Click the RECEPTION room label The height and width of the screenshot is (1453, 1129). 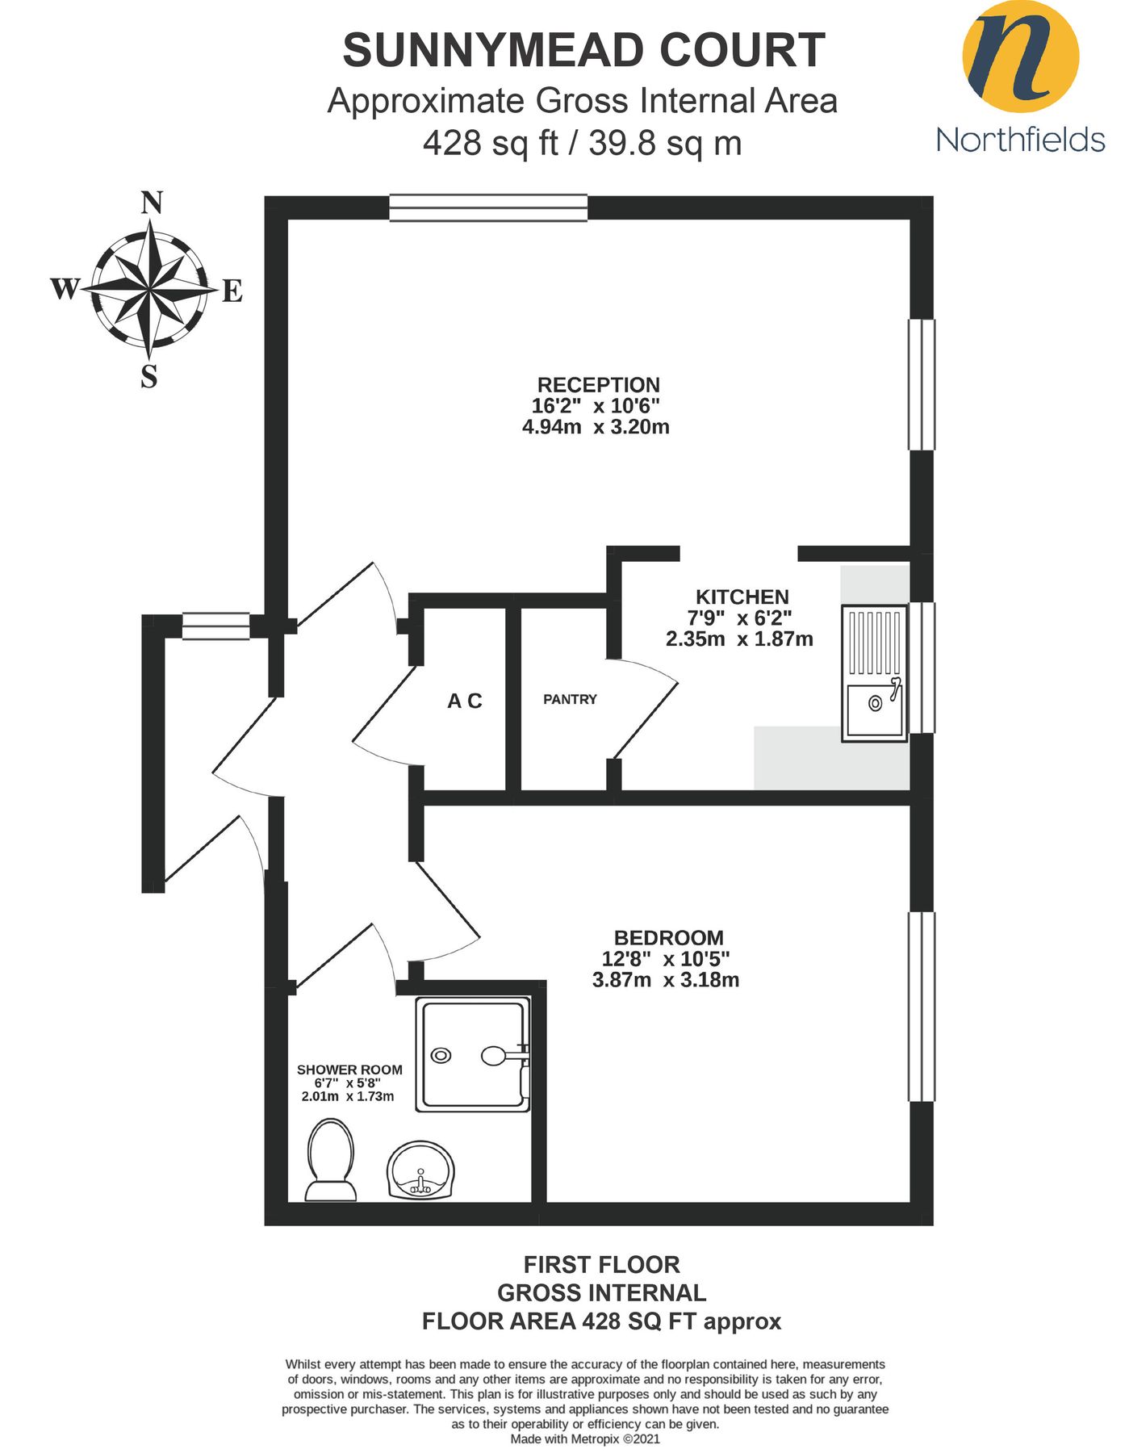[598, 385]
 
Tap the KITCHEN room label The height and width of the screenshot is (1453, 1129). [742, 597]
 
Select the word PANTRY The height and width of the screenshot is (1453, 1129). [570, 700]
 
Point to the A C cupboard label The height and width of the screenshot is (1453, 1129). [465, 701]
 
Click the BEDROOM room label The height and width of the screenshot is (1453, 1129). [668, 938]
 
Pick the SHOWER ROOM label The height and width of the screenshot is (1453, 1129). [349, 1070]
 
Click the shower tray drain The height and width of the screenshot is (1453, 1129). [441, 1055]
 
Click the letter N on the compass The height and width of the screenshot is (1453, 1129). [151, 203]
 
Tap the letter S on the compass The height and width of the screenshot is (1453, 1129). [149, 377]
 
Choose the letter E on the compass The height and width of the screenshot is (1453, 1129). [232, 291]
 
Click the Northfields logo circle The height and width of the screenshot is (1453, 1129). [1020, 57]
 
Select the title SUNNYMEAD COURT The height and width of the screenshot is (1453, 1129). [583, 51]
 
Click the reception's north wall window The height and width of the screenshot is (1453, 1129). [488, 207]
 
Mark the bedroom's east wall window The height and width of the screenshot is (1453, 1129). [922, 1006]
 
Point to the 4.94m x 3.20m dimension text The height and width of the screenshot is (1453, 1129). [596, 427]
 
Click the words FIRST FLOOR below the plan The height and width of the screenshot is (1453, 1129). [601, 1264]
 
